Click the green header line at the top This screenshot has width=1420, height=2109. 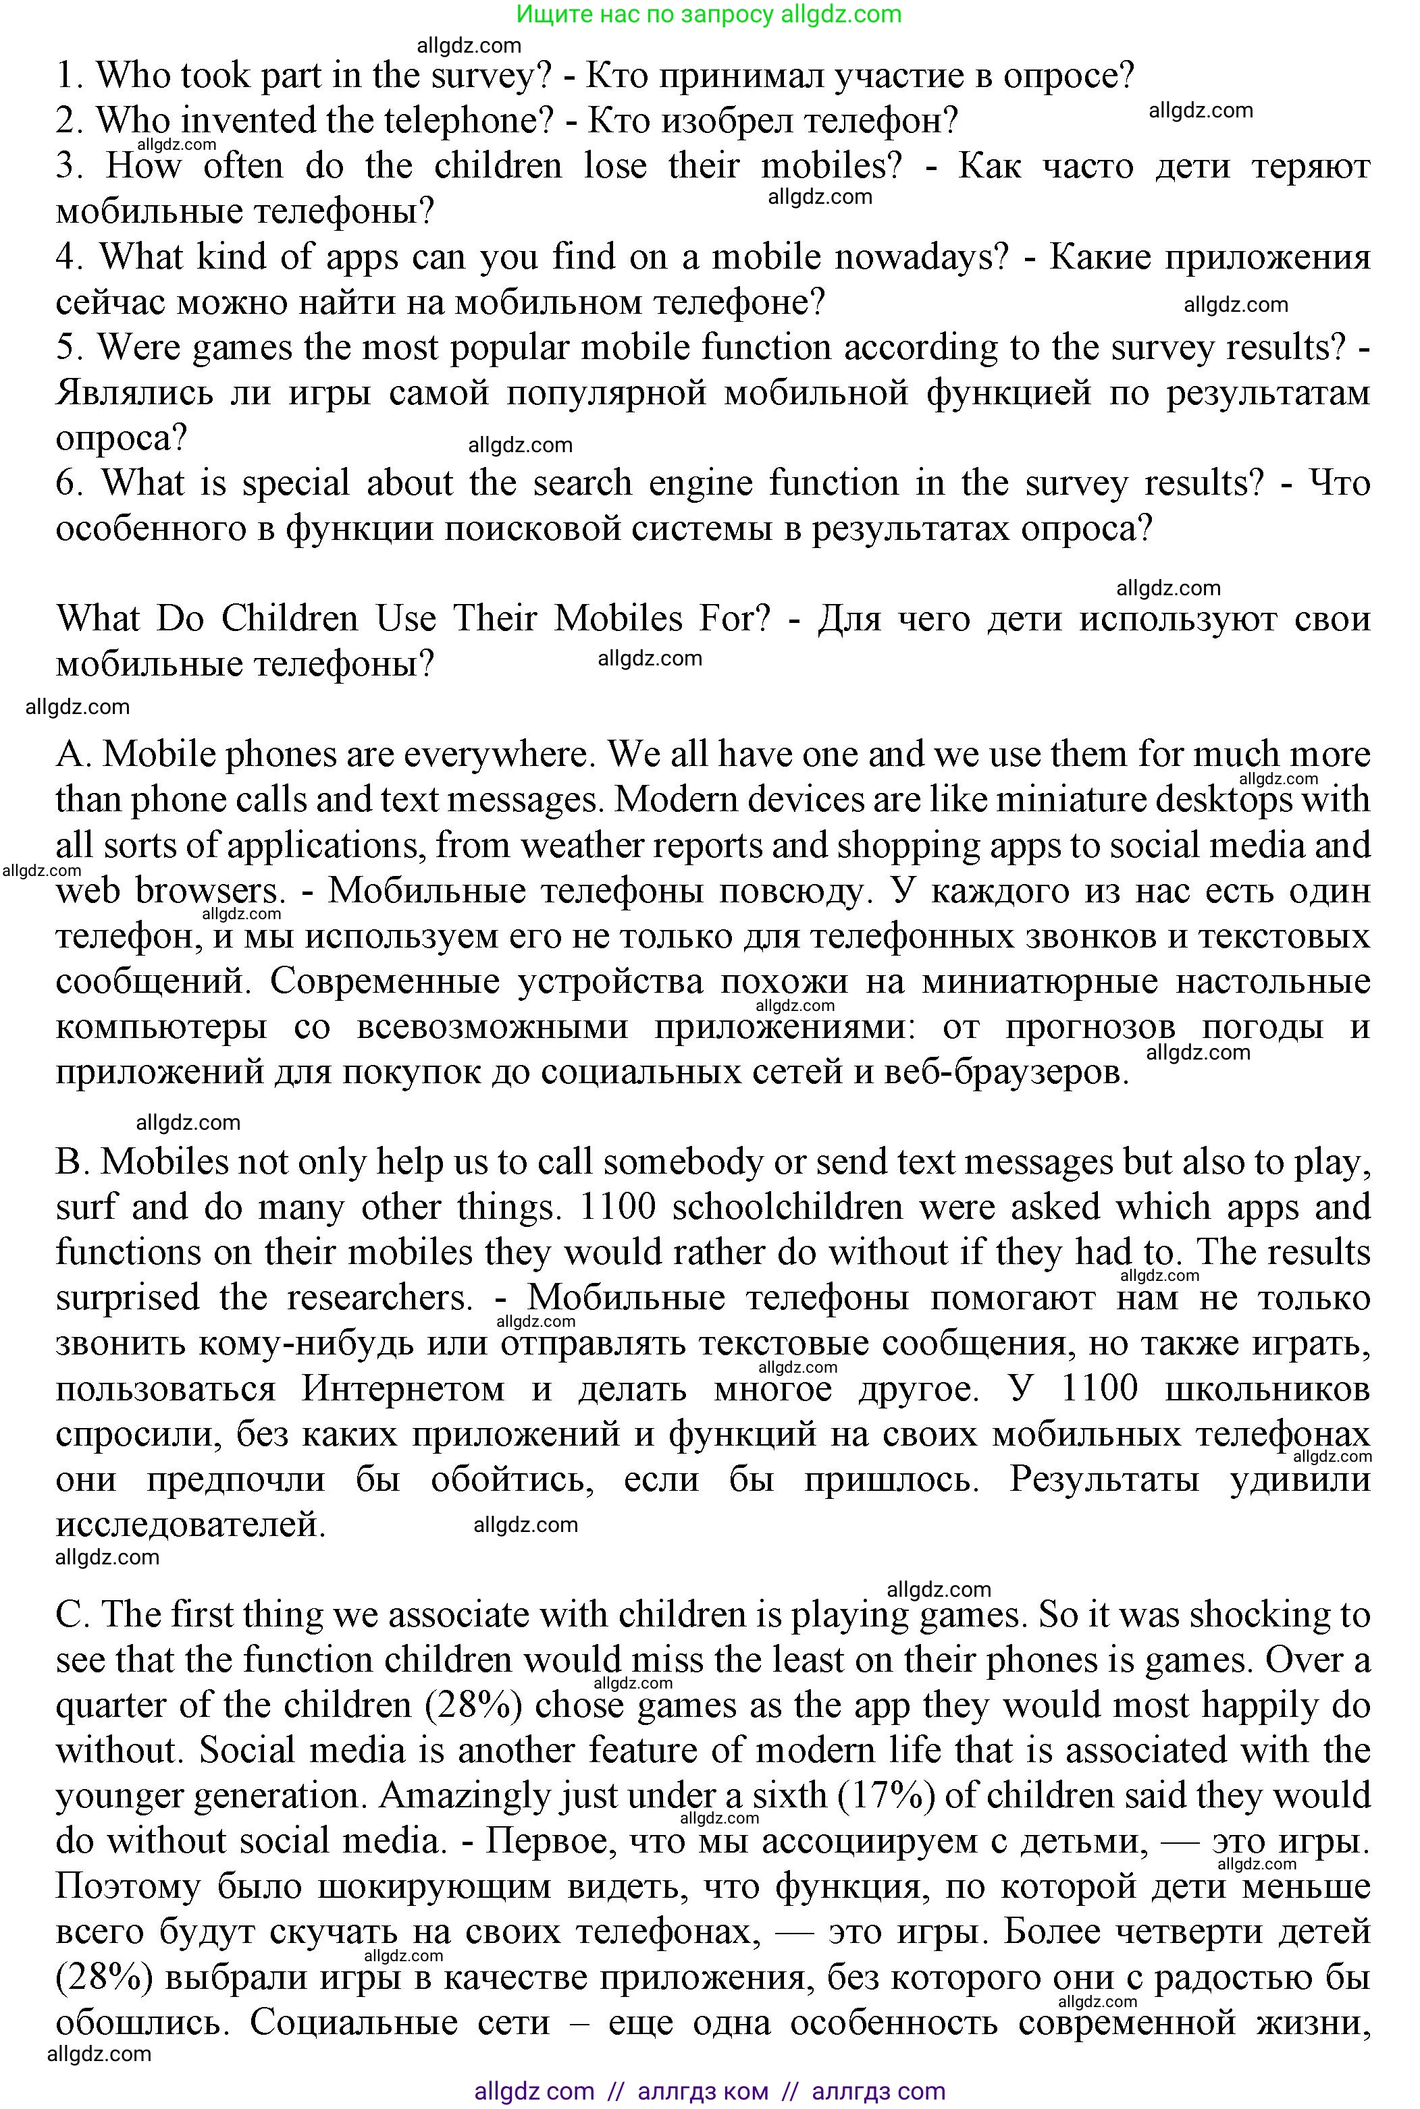click(x=709, y=14)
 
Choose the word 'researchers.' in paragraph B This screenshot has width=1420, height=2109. click(x=380, y=1297)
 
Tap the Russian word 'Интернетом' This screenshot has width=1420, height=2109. click(x=403, y=1388)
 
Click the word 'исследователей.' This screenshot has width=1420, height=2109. click(x=190, y=1525)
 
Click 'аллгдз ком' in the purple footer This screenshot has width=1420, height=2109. click(x=703, y=2091)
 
